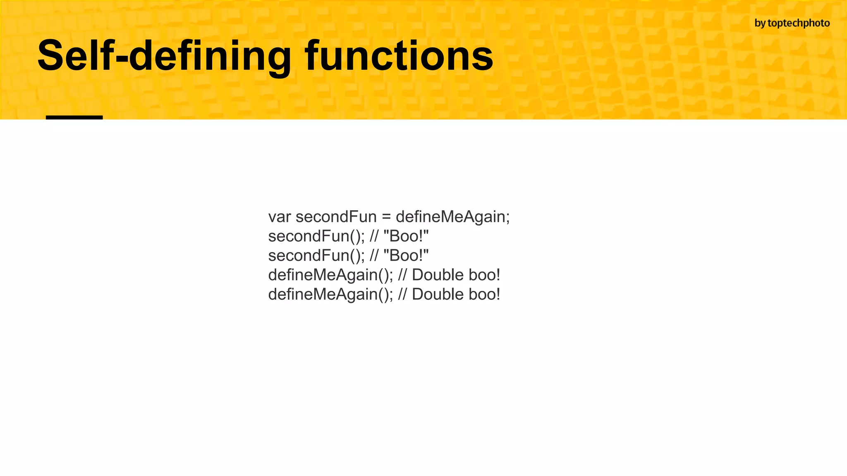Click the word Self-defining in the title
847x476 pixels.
(165, 56)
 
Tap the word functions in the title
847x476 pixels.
(399, 56)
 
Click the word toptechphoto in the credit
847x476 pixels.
(799, 24)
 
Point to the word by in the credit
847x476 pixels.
(760, 24)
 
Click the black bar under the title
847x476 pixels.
(74, 117)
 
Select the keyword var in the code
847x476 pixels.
(280, 217)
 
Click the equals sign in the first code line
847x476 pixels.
(386, 217)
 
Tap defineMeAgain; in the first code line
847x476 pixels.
(453, 217)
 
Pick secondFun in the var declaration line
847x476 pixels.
(336, 217)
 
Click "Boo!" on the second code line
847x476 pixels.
(406, 236)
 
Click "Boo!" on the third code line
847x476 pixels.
(406, 256)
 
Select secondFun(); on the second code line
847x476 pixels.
(316, 236)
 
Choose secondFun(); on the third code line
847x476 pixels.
(316, 256)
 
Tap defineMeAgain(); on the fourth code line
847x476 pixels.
(330, 275)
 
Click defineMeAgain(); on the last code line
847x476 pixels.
(330, 295)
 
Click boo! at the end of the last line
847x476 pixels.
(484, 295)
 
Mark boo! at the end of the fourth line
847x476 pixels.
(484, 275)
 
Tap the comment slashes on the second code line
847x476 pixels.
(374, 236)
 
